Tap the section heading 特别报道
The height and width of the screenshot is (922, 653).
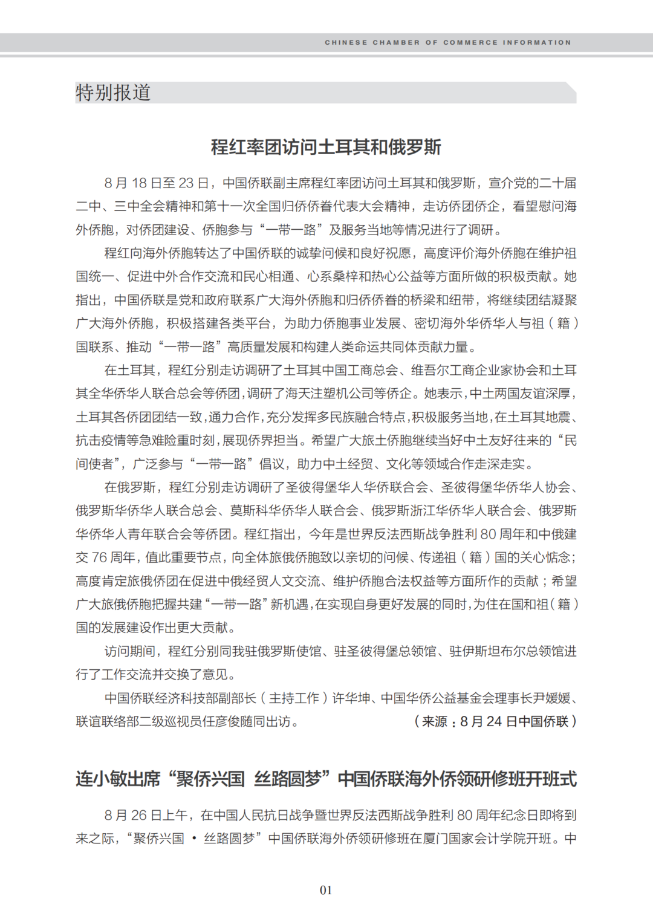[x=113, y=93]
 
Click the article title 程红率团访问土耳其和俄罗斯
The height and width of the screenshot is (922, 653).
[x=326, y=147]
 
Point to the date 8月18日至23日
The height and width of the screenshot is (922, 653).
[x=156, y=183]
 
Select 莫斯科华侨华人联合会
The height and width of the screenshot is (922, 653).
[x=294, y=511]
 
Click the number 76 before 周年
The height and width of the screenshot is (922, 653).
[x=100, y=557]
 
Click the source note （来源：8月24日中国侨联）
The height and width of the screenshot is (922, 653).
[x=495, y=722]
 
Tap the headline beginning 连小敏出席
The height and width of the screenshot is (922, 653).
[x=326, y=779]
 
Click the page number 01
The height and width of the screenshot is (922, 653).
[x=326, y=890]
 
